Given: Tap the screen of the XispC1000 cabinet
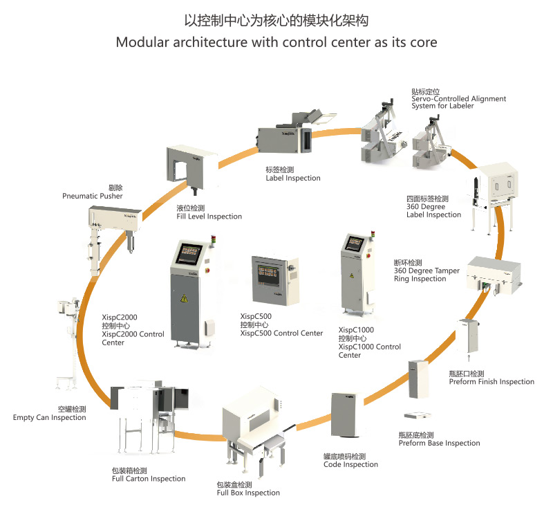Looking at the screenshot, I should click(355, 243).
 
